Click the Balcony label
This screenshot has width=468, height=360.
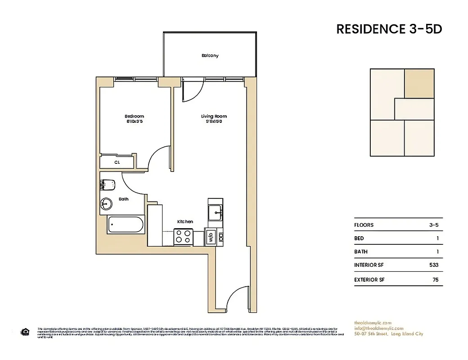(x=210, y=56)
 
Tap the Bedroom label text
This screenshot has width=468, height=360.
(x=134, y=116)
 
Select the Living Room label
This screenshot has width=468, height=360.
(x=214, y=116)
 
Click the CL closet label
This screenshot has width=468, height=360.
(x=117, y=162)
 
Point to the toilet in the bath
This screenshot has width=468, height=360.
(x=108, y=184)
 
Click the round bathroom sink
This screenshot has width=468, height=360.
(x=106, y=204)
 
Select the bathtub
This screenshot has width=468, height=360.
(x=126, y=225)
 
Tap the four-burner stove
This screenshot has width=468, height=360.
(x=184, y=237)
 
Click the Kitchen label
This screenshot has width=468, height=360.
(x=185, y=221)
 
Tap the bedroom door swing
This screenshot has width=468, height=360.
(x=158, y=157)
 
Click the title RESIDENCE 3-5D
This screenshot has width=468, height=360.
(x=389, y=29)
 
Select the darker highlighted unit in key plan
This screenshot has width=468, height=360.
(x=419, y=83)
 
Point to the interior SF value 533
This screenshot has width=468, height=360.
(x=433, y=265)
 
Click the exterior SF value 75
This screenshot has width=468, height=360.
(x=435, y=279)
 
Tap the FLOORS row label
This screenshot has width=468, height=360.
(x=364, y=225)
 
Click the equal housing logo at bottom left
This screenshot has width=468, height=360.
(x=25, y=332)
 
